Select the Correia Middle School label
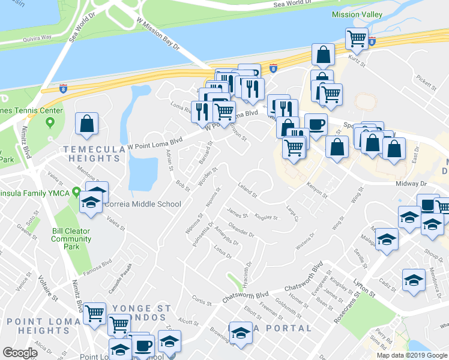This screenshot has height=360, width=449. click(143, 204)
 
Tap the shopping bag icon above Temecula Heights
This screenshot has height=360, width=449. click(87, 124)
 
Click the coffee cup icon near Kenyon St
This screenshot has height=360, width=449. click(316, 124)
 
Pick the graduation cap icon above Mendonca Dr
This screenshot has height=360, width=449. click(414, 280)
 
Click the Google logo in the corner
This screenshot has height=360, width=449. click(20, 353)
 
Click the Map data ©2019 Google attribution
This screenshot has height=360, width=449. click(412, 355)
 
